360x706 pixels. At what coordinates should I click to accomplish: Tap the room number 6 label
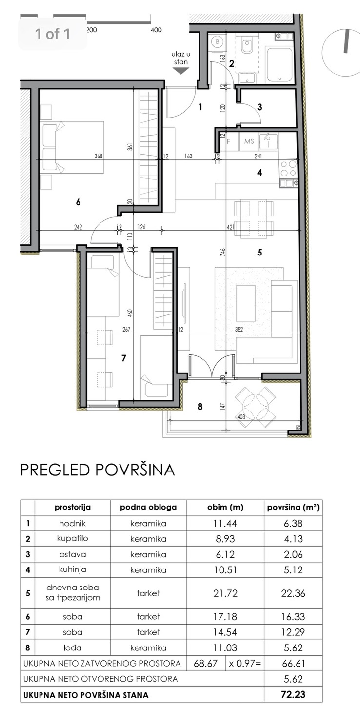coord(78,202)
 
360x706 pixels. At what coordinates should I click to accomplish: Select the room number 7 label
coord(124,358)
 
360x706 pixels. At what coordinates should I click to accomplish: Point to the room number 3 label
coord(260,106)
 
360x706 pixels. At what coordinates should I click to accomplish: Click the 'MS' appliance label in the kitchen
coord(249,141)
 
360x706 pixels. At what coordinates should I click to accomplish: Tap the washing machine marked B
coord(218,42)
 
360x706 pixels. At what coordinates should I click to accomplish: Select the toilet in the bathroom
coord(247,46)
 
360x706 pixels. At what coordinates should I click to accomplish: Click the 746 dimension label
coord(223,252)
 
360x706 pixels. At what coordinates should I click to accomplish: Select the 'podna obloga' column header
coord(148,507)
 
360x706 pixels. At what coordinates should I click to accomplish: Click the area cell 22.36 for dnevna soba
coord(293,593)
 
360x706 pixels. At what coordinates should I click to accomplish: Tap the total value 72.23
coord(293,694)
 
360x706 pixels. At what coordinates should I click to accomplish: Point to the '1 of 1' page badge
coord(53,34)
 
